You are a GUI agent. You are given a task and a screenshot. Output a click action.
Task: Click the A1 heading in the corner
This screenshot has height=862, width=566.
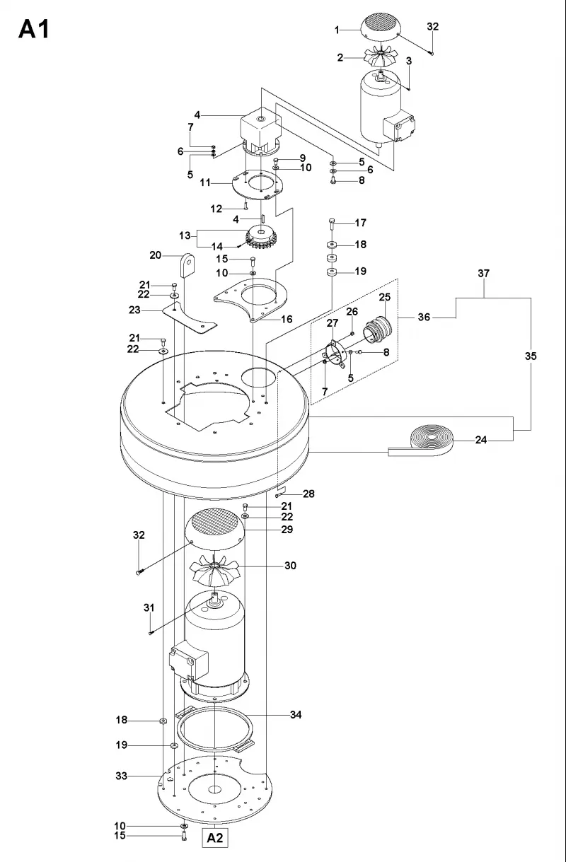[34, 29]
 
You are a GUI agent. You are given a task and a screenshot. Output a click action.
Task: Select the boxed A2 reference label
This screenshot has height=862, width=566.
[215, 838]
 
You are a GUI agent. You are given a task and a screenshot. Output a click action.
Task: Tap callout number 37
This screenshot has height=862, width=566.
[484, 273]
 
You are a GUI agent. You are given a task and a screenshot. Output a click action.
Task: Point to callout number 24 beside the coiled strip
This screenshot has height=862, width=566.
[481, 440]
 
